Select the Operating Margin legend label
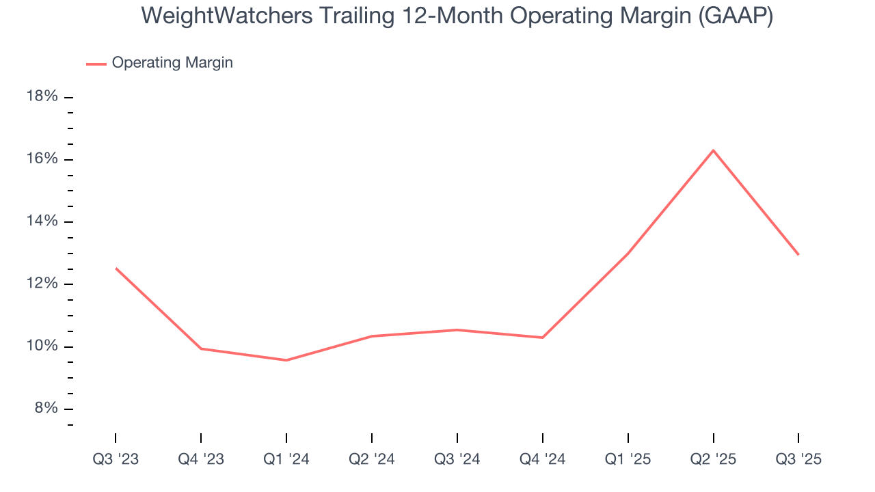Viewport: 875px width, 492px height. (x=172, y=63)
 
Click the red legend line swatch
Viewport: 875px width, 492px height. (x=96, y=64)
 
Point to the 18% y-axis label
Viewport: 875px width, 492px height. (x=42, y=96)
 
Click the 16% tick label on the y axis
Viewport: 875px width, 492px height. (x=42, y=159)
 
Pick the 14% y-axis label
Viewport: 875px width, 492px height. (x=42, y=221)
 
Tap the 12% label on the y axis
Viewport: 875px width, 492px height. (x=42, y=284)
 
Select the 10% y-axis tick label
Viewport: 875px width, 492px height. (x=42, y=346)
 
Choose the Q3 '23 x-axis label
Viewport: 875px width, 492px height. (x=116, y=459)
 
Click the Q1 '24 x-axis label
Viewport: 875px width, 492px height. (x=286, y=459)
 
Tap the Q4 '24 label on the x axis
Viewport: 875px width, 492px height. (x=542, y=459)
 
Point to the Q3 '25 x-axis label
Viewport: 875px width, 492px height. (x=798, y=459)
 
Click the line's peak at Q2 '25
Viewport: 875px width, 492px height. (x=713, y=150)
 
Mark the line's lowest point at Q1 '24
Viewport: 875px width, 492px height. (x=286, y=360)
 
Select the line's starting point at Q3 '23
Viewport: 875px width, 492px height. (x=116, y=268)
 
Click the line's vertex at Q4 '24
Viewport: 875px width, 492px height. (x=542, y=338)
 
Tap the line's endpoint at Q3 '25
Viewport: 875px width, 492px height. (x=798, y=254)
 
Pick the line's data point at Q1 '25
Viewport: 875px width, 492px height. (x=628, y=254)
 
